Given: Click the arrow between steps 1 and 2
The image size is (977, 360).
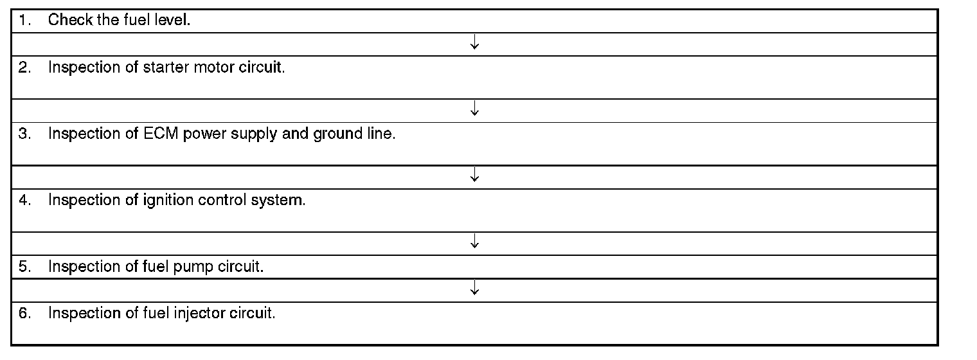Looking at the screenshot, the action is click(x=474, y=44).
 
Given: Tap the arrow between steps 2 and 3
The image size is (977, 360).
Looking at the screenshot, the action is click(x=474, y=110).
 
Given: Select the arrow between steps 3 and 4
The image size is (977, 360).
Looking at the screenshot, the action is click(x=474, y=175).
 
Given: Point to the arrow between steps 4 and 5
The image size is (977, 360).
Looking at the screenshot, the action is click(x=474, y=242).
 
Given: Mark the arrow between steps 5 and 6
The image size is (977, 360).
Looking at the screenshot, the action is click(x=474, y=289).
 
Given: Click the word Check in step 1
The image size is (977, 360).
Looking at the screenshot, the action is click(x=70, y=21).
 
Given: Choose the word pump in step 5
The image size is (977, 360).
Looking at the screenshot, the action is click(x=193, y=267).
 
